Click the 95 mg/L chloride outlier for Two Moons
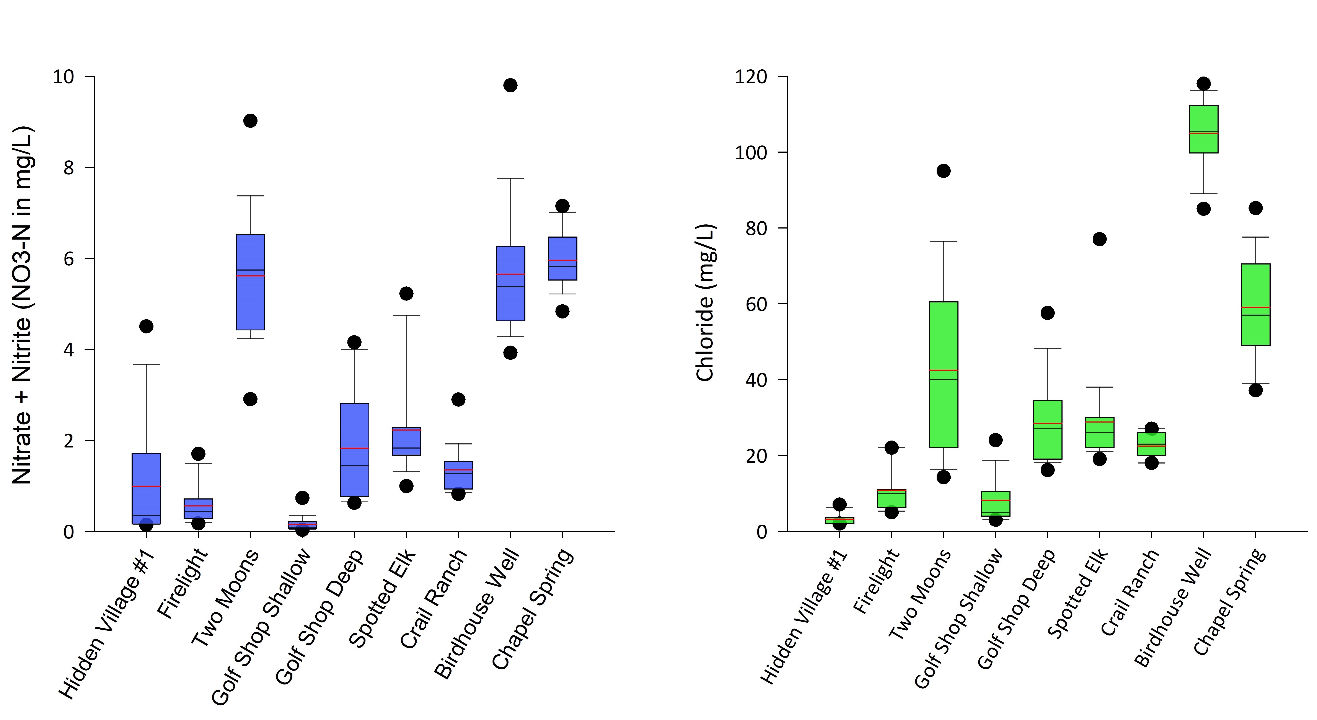pos(943,171)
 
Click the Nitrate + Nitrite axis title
pos(23,305)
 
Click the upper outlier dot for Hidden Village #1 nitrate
pos(146,326)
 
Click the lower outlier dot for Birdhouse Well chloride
pos(1203,209)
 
